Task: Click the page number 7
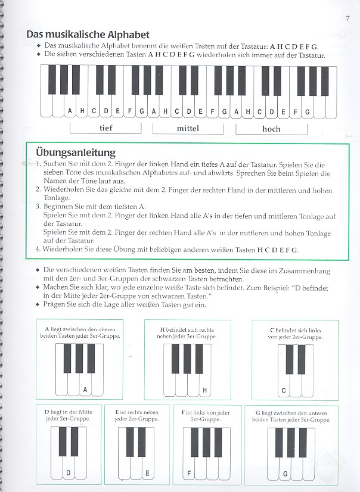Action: click(346, 17)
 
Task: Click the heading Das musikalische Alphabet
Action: click(88, 35)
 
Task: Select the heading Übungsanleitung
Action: click(75, 152)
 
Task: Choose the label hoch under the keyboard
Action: click(271, 128)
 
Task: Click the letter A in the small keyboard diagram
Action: click(85, 390)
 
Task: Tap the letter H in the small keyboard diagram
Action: click(204, 391)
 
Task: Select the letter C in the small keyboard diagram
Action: click(284, 391)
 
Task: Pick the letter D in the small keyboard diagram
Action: click(69, 474)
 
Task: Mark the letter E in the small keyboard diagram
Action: click(147, 474)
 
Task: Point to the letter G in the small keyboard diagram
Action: click(285, 474)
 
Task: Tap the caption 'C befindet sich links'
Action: click(296, 329)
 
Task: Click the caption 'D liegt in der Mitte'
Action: click(69, 412)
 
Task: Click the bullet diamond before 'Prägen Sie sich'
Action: click(38, 304)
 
